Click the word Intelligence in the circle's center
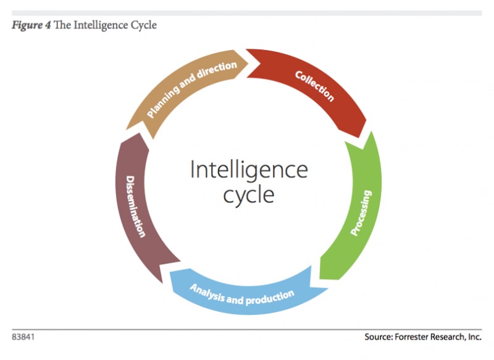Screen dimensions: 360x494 248,169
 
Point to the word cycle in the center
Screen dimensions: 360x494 249,195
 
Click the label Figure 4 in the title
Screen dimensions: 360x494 30,25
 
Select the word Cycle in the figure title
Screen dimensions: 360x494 143,25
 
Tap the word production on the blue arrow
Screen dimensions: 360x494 270,299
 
